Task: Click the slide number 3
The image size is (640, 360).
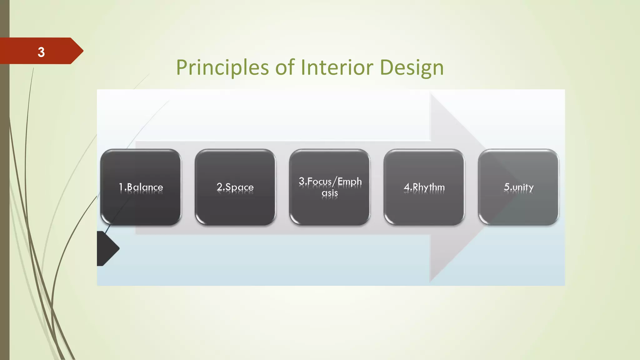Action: click(x=41, y=52)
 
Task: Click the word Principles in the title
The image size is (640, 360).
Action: click(x=222, y=67)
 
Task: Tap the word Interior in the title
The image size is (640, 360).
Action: click(x=337, y=67)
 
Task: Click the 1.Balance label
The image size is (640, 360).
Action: click(x=141, y=187)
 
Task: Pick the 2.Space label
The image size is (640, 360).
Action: click(x=235, y=187)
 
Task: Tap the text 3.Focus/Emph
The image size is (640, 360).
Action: click(x=330, y=181)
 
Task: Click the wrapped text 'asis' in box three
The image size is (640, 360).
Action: click(x=330, y=193)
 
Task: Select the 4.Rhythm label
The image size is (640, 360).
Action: click(x=424, y=187)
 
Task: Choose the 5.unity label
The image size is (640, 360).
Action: click(x=518, y=187)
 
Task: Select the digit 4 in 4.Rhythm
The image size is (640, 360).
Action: click(x=407, y=187)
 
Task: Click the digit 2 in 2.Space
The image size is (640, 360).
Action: click(x=219, y=187)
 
